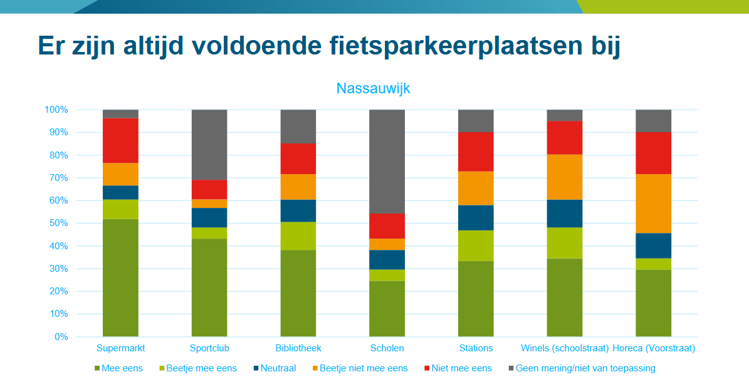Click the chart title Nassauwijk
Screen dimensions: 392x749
373,88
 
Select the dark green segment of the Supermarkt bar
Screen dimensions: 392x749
120,277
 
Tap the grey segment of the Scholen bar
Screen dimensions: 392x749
387,162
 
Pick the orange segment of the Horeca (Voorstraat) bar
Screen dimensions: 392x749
653,204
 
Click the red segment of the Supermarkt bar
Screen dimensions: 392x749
120,140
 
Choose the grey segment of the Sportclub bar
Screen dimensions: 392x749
209,145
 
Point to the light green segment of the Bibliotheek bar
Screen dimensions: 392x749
298,236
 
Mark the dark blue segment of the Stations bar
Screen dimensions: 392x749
476,218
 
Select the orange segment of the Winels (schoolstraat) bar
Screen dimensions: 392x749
564,177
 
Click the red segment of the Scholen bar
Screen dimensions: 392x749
387,226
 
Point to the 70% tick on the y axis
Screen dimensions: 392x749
56,178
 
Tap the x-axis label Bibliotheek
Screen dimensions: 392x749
298,348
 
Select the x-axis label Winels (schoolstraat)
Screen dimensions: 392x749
565,348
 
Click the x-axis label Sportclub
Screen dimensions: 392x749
209,348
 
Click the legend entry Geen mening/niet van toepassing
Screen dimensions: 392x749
585,368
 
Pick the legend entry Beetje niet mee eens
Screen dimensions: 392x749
363,368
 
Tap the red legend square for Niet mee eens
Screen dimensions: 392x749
426,368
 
